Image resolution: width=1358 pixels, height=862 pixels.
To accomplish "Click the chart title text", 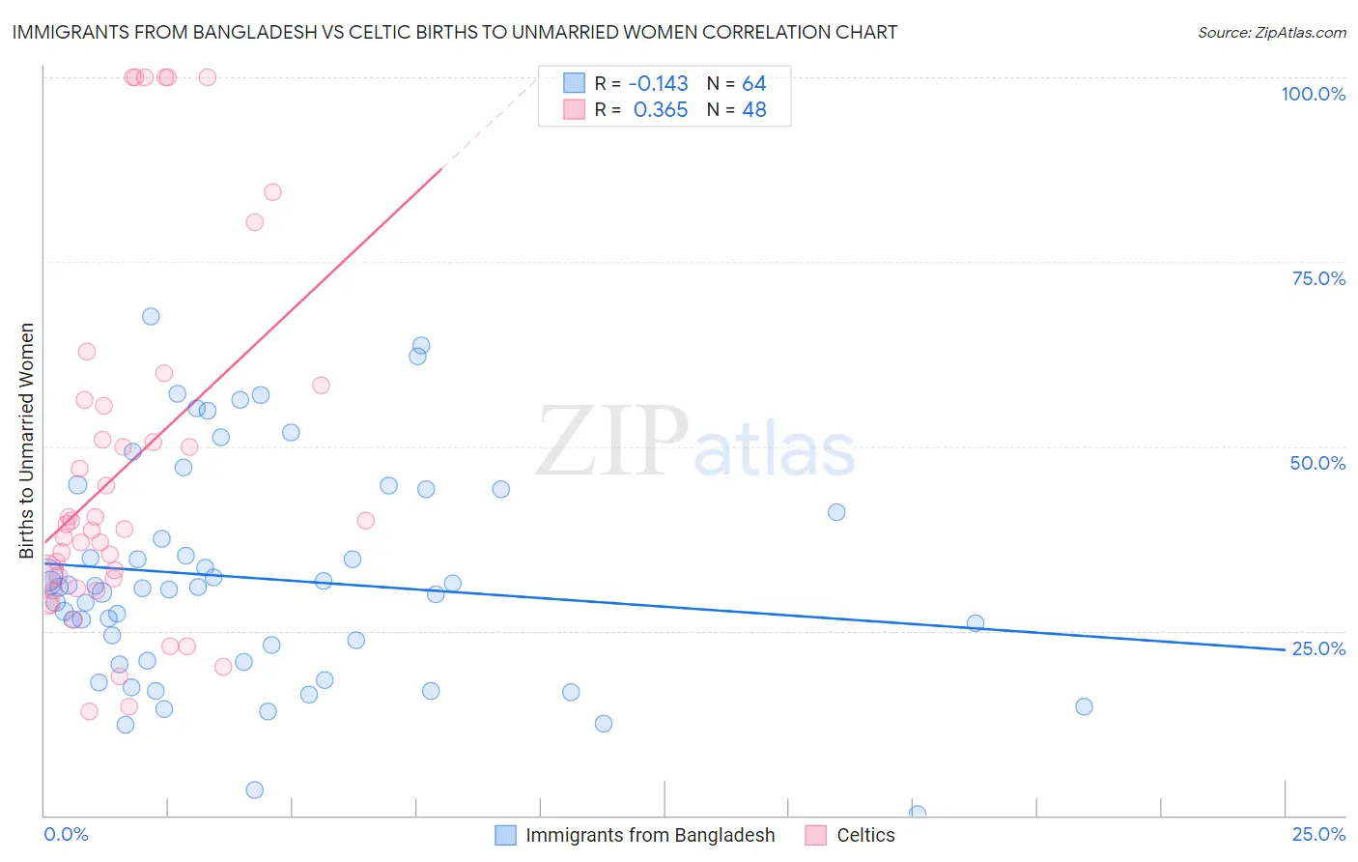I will point(455,33).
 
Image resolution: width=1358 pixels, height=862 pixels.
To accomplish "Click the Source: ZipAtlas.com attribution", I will point(1271,33).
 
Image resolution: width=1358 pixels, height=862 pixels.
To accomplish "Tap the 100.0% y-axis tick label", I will point(1313,94).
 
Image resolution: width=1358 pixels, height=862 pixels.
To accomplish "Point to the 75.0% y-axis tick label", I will point(1318,278).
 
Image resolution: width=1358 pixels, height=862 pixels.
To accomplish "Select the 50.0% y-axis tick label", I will point(1317,463).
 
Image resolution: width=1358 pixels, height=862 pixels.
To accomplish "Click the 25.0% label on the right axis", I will point(1318,648).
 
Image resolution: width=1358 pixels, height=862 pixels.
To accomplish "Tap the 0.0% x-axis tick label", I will point(66,834).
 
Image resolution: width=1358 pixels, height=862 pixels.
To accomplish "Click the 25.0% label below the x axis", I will point(1318,834).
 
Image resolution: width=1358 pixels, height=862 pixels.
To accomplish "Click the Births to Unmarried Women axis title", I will point(27,441).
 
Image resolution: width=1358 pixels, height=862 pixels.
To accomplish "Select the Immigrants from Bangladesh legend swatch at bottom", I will point(505,835).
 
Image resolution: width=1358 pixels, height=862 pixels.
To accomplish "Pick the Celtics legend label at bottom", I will point(865,835).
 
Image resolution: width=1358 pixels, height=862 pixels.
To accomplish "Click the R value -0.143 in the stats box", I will point(658,84).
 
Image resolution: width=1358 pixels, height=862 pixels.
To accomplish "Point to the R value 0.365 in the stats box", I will point(661,110).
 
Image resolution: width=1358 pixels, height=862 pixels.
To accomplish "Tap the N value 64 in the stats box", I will point(754,84).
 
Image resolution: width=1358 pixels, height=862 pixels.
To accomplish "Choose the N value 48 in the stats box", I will point(754,110).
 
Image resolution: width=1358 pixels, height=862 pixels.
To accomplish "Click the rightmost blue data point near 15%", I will point(1084,706).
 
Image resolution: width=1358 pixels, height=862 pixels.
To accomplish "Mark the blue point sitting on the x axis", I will point(918,814).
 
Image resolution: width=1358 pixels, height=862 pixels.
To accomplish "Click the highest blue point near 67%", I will point(151,317).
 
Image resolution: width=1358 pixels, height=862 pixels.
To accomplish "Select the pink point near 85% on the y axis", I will point(272,192).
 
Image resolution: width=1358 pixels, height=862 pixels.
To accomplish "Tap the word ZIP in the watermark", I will point(612,442).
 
